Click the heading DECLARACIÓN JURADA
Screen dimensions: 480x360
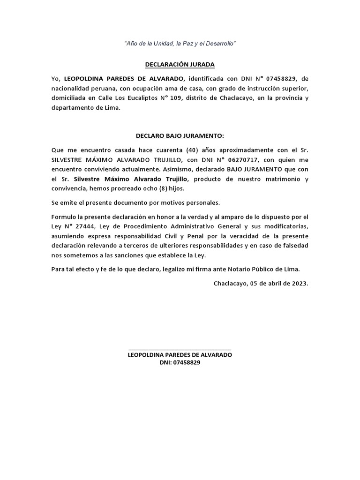coord(180,65)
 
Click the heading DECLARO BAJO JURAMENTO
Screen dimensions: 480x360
coord(180,136)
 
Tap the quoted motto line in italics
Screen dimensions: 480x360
coord(180,44)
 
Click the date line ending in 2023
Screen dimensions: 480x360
coord(261,283)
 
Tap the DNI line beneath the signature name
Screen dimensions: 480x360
coord(180,363)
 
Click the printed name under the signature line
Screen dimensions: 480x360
coord(180,355)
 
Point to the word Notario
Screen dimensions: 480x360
coord(240,270)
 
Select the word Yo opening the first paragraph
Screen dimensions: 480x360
coord(56,78)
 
